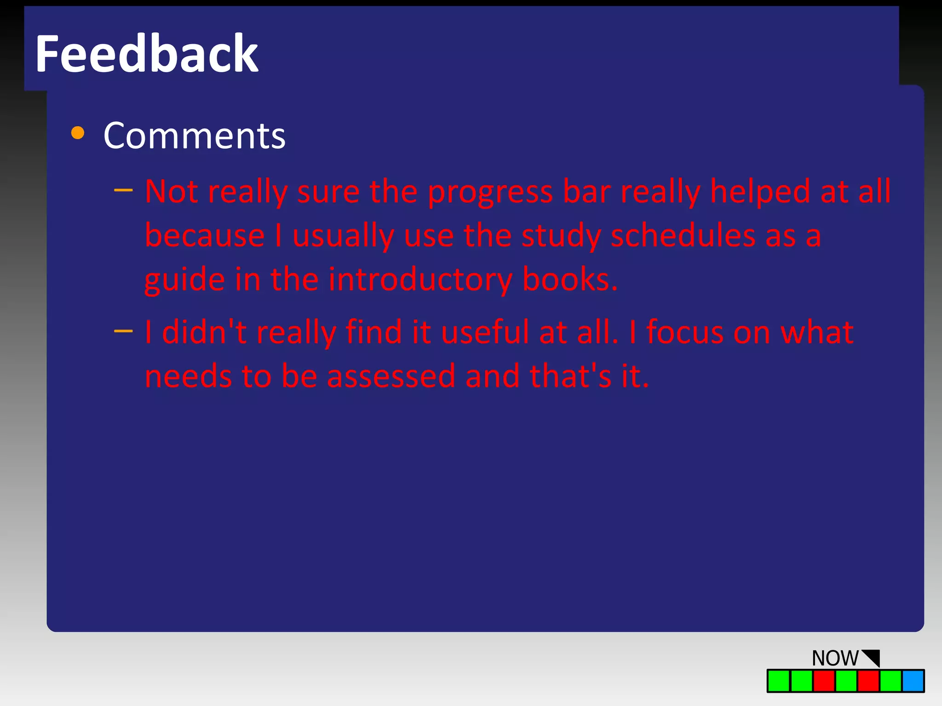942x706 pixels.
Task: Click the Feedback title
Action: pos(146,54)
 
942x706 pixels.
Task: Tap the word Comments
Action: pos(194,136)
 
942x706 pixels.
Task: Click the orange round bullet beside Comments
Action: pos(78,133)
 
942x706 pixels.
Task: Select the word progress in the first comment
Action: pos(490,192)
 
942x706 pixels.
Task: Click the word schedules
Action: pos(683,236)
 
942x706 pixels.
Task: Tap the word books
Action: pos(569,279)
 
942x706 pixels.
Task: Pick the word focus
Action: pos(684,332)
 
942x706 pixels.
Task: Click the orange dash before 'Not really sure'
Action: pos(123,190)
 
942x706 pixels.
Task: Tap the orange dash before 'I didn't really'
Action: pos(123,330)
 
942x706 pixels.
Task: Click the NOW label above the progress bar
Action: pos(834,658)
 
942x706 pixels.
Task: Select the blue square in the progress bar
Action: pos(913,681)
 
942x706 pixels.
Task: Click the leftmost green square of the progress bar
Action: pos(779,681)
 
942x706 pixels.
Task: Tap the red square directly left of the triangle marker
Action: pos(868,681)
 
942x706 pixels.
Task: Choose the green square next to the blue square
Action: pos(890,681)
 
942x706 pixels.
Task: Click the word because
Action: pos(205,236)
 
